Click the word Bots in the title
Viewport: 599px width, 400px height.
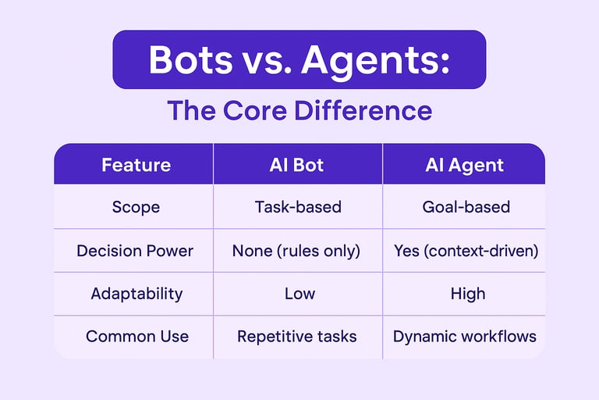point(190,59)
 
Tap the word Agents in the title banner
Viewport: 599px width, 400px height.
point(375,61)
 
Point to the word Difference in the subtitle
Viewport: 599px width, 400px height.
point(363,110)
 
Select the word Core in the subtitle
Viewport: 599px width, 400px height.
point(255,111)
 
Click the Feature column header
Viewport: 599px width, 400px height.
point(136,165)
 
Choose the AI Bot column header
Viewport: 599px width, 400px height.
point(296,165)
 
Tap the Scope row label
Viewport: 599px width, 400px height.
point(136,208)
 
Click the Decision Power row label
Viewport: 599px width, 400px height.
point(135,251)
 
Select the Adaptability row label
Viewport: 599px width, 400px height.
point(136,295)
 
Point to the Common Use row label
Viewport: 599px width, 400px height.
point(137,337)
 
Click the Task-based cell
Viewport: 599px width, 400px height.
point(298,207)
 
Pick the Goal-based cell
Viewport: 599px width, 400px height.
point(466,207)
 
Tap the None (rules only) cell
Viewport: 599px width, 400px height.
point(296,251)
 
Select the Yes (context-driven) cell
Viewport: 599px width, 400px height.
point(466,251)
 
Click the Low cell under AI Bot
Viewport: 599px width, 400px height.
point(299,294)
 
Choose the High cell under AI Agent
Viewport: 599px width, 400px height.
point(468,295)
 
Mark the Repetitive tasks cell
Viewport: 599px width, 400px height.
point(297,337)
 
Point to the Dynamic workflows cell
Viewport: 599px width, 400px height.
point(465,337)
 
